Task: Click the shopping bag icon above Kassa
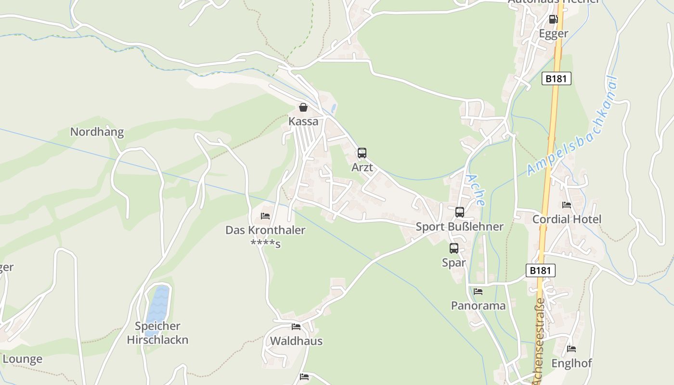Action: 303,107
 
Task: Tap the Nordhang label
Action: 97,132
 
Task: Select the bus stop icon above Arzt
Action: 362,153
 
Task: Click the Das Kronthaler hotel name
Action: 265,231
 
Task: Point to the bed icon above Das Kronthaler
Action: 265,216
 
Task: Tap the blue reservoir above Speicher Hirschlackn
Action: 157,308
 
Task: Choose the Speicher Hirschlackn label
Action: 157,333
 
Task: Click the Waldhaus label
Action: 296,341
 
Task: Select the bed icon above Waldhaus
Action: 296,327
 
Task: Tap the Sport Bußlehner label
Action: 459,227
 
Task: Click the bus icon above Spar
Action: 454,248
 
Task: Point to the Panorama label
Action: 478,306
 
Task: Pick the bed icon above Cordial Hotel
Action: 567,205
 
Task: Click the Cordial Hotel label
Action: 567,219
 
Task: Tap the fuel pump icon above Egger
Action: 554,19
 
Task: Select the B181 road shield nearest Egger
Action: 557,78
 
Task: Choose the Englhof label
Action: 571,363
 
